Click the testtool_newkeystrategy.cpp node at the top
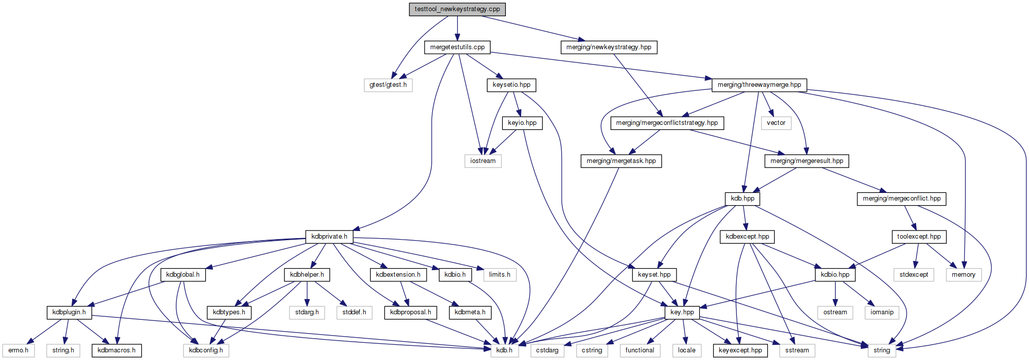(x=457, y=9)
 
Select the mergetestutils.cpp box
(x=457, y=47)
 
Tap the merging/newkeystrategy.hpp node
(x=608, y=47)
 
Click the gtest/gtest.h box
(x=388, y=85)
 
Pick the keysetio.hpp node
(x=511, y=85)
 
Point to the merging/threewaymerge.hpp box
(x=759, y=85)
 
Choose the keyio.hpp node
(x=522, y=123)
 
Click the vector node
(x=776, y=123)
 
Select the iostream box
(x=483, y=161)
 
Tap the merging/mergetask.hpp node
(x=621, y=161)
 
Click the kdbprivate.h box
(x=329, y=237)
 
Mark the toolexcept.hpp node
(x=919, y=237)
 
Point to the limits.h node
(x=500, y=275)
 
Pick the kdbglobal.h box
(x=183, y=275)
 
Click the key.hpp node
(x=682, y=312)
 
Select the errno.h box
(x=18, y=350)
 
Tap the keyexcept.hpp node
(x=741, y=350)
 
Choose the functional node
(x=640, y=350)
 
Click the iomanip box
(x=882, y=312)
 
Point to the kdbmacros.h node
(x=117, y=350)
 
